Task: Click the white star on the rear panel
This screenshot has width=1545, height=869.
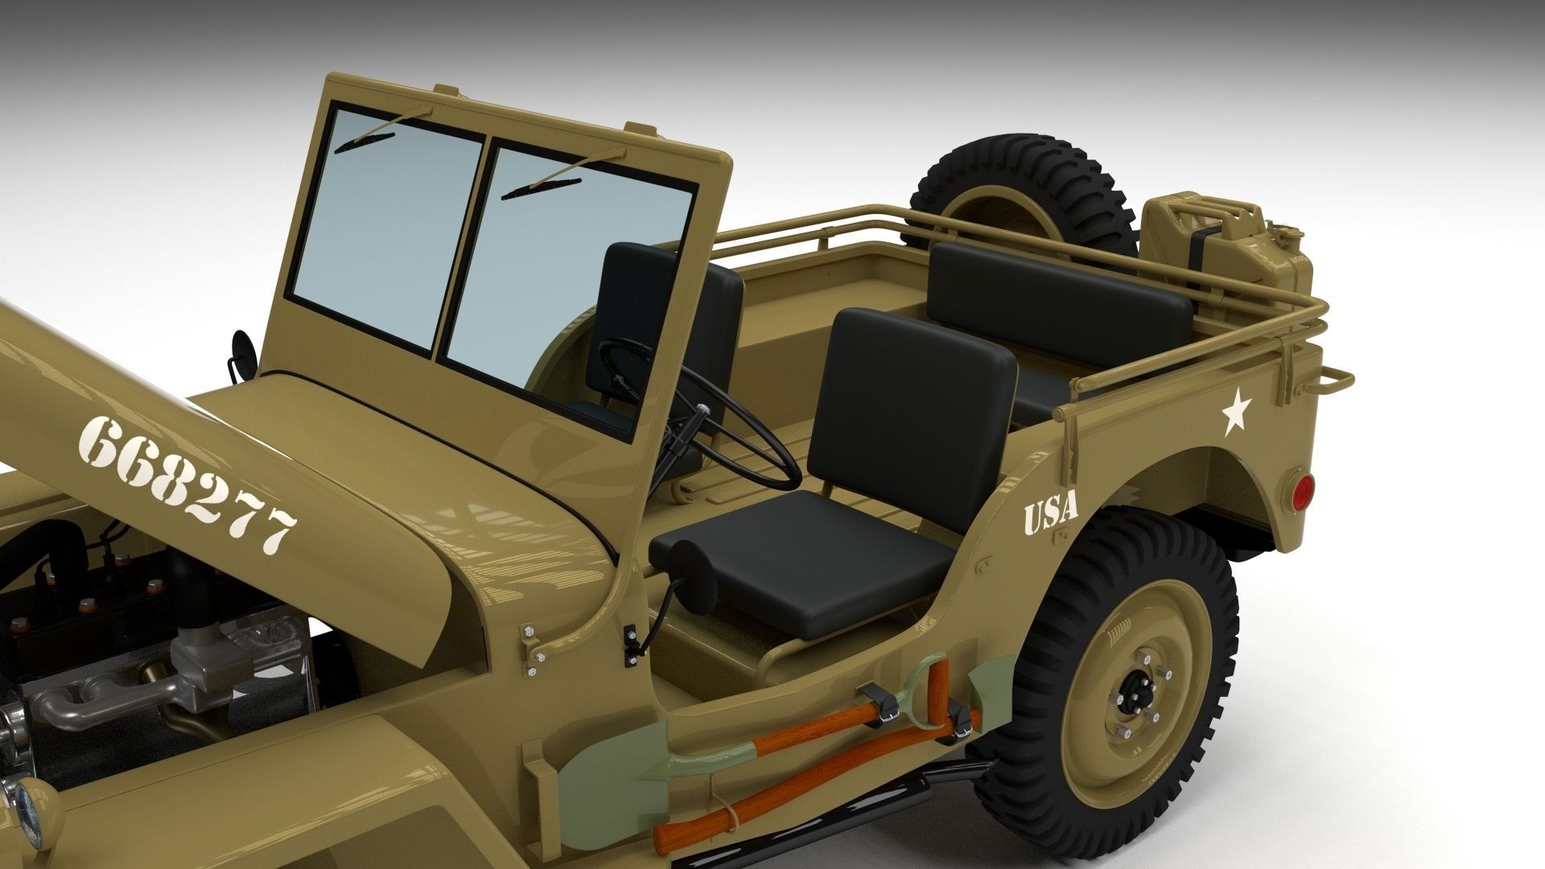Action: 1236,415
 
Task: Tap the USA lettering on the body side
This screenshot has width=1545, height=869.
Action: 1050,514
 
